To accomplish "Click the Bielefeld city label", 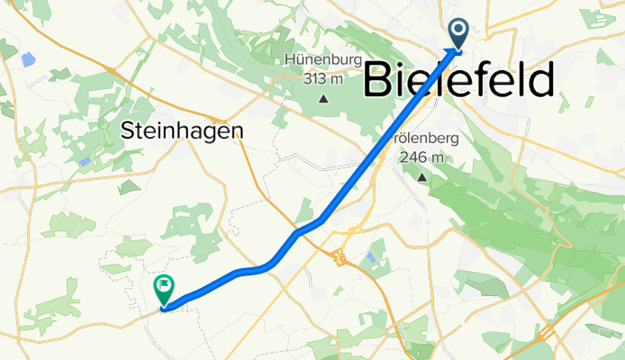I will tap(457, 82).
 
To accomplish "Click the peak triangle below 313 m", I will tap(322, 97).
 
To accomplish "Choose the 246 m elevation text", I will tap(422, 157).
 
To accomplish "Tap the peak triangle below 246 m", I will tap(421, 176).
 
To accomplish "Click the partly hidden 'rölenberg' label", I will tap(428, 139).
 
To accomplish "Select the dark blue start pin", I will tap(458, 34).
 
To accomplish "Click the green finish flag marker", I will tap(165, 289).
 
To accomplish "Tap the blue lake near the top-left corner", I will tap(28, 60).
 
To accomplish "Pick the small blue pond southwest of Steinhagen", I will tap(84, 162).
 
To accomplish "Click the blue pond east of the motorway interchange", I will tap(370, 258).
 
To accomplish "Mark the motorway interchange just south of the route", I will tap(341, 259).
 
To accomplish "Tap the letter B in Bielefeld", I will tap(379, 82).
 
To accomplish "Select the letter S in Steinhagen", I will tap(126, 130).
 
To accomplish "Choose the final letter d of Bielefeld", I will tap(538, 82).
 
